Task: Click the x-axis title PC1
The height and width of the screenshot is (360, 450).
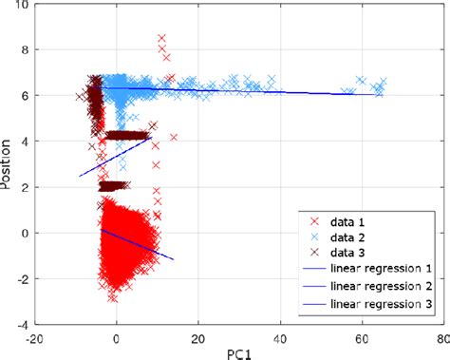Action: pos(237,351)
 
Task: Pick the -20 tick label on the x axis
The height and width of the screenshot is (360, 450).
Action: pos(34,337)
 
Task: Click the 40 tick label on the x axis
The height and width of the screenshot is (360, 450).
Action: pos(278,337)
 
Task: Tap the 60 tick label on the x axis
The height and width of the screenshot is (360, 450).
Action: pos(359,337)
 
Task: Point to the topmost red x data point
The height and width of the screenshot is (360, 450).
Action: pos(161,38)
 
